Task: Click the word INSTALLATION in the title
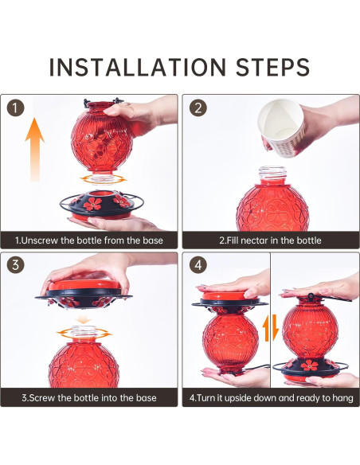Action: (137, 67)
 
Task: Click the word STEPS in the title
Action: (272, 67)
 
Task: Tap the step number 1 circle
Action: (15, 108)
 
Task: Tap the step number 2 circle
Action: (198, 108)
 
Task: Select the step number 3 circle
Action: (15, 264)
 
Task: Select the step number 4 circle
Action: (198, 264)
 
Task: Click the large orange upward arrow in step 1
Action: (35, 150)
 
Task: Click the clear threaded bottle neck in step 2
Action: (273, 175)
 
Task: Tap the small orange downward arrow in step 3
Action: (84, 319)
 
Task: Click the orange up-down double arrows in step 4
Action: (271, 328)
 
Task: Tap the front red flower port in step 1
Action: (92, 204)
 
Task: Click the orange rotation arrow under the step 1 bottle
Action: (103, 179)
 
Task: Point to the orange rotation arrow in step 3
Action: (84, 333)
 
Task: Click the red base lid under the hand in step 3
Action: (84, 285)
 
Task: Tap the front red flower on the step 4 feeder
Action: (309, 365)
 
